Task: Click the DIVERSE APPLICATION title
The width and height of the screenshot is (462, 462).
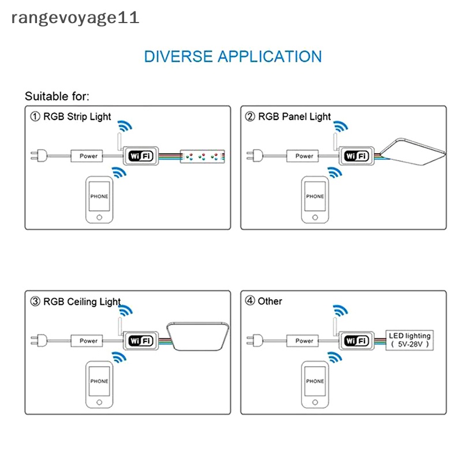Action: (x=233, y=57)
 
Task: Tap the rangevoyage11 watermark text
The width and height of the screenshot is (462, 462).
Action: (x=75, y=17)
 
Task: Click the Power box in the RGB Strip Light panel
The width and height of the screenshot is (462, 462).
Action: (x=88, y=156)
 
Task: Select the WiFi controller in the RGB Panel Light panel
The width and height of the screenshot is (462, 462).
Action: (x=356, y=156)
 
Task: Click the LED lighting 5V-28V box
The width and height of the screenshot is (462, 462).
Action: (x=409, y=340)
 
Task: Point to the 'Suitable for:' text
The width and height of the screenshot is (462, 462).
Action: (x=57, y=96)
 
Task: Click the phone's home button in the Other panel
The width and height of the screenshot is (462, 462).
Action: (x=315, y=401)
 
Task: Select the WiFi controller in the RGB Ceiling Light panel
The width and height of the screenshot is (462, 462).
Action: (x=140, y=341)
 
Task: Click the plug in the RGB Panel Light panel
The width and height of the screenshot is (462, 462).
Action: (x=252, y=156)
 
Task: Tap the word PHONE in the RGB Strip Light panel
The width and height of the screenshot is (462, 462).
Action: (x=99, y=196)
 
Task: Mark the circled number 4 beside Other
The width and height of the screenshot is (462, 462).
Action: (x=250, y=301)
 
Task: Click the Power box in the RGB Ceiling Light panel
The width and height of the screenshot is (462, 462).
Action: (x=88, y=341)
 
